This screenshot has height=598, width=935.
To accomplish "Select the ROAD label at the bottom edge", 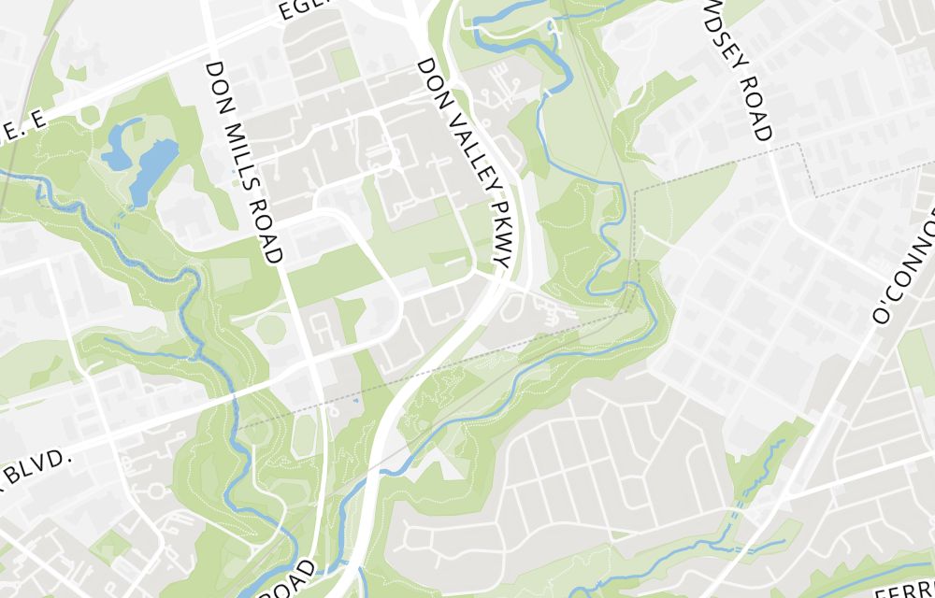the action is coord(292,581).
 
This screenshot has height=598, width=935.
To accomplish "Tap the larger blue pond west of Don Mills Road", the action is coord(150,168).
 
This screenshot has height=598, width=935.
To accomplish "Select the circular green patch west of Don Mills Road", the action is coord(271,329).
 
